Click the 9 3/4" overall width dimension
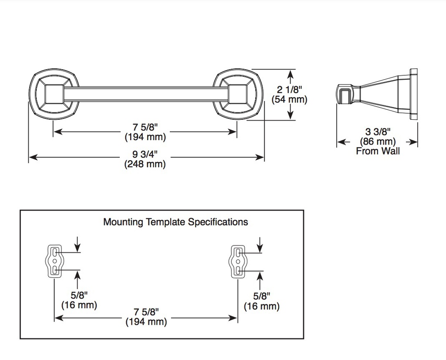click(145, 154)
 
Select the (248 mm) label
click(145, 164)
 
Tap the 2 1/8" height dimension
click(289, 90)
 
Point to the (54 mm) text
click(289, 100)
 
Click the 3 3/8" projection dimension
click(378, 131)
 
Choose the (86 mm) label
click(378, 141)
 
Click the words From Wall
click(378, 151)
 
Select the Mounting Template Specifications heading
click(176, 222)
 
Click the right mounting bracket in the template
click(237, 261)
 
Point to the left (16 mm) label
click(79, 305)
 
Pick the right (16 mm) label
click(262, 306)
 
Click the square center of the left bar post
click(54, 94)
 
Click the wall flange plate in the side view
click(413, 94)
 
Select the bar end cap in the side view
click(345, 94)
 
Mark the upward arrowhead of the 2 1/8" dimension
click(290, 75)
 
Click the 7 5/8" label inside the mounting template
click(146, 312)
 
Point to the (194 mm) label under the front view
click(145, 137)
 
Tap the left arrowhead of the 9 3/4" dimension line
click(33, 157)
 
